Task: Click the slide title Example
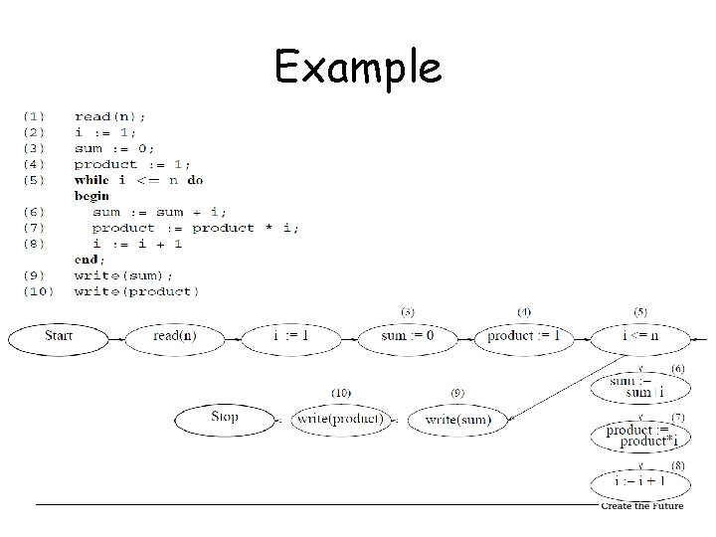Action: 358,68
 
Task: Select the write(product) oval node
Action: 340,420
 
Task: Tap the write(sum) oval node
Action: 456,420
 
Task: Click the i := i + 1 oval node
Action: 639,482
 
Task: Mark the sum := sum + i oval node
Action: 639,386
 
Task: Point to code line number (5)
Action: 33,180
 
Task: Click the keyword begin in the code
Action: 91,196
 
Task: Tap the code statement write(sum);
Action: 123,275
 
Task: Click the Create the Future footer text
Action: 641,506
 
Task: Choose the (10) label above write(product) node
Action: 340,393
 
